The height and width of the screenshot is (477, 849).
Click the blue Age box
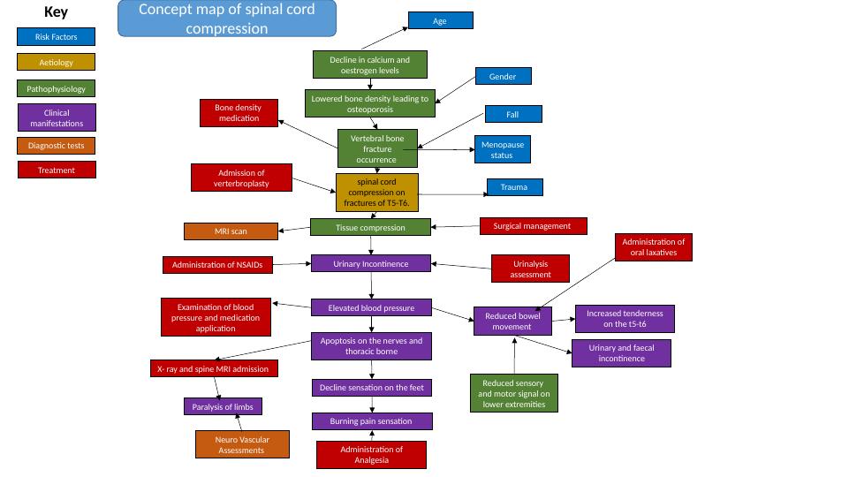pos(440,20)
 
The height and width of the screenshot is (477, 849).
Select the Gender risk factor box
pos(503,77)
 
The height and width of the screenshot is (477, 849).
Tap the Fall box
pos(512,114)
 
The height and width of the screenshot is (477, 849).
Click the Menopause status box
pos(502,149)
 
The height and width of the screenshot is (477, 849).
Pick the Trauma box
pos(514,187)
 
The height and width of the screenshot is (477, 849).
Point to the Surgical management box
pos(533,226)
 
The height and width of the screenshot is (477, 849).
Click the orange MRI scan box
pos(231,231)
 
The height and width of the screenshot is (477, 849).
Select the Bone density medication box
pos(239,113)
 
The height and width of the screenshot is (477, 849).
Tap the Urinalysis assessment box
pos(530,269)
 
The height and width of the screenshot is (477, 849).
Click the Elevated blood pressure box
pos(371,307)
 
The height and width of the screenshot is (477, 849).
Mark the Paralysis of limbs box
pos(223,406)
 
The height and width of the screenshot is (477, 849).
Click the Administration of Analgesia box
pos(371,455)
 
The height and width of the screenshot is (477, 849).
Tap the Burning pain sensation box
pos(371,421)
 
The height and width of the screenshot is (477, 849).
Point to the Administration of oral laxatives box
pos(653,247)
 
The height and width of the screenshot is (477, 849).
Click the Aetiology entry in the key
pos(57,63)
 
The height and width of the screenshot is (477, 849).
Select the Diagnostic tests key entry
pos(57,146)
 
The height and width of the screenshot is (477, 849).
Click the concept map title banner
pos(227,19)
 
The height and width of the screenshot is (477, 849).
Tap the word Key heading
pos(56,12)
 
